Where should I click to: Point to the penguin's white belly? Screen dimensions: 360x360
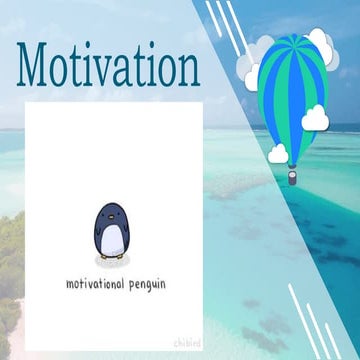coord(111,241)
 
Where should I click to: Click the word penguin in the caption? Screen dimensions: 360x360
coord(147,285)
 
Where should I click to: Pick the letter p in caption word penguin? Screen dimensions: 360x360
coord(130,286)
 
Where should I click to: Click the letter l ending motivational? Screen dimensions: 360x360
coord(123,283)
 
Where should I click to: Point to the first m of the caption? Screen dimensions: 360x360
coord(70,284)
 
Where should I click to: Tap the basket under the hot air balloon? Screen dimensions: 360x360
coord(291,179)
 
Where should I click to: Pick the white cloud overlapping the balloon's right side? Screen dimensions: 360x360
coord(315,118)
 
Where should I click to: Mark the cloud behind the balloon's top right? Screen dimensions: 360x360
coord(324,52)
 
